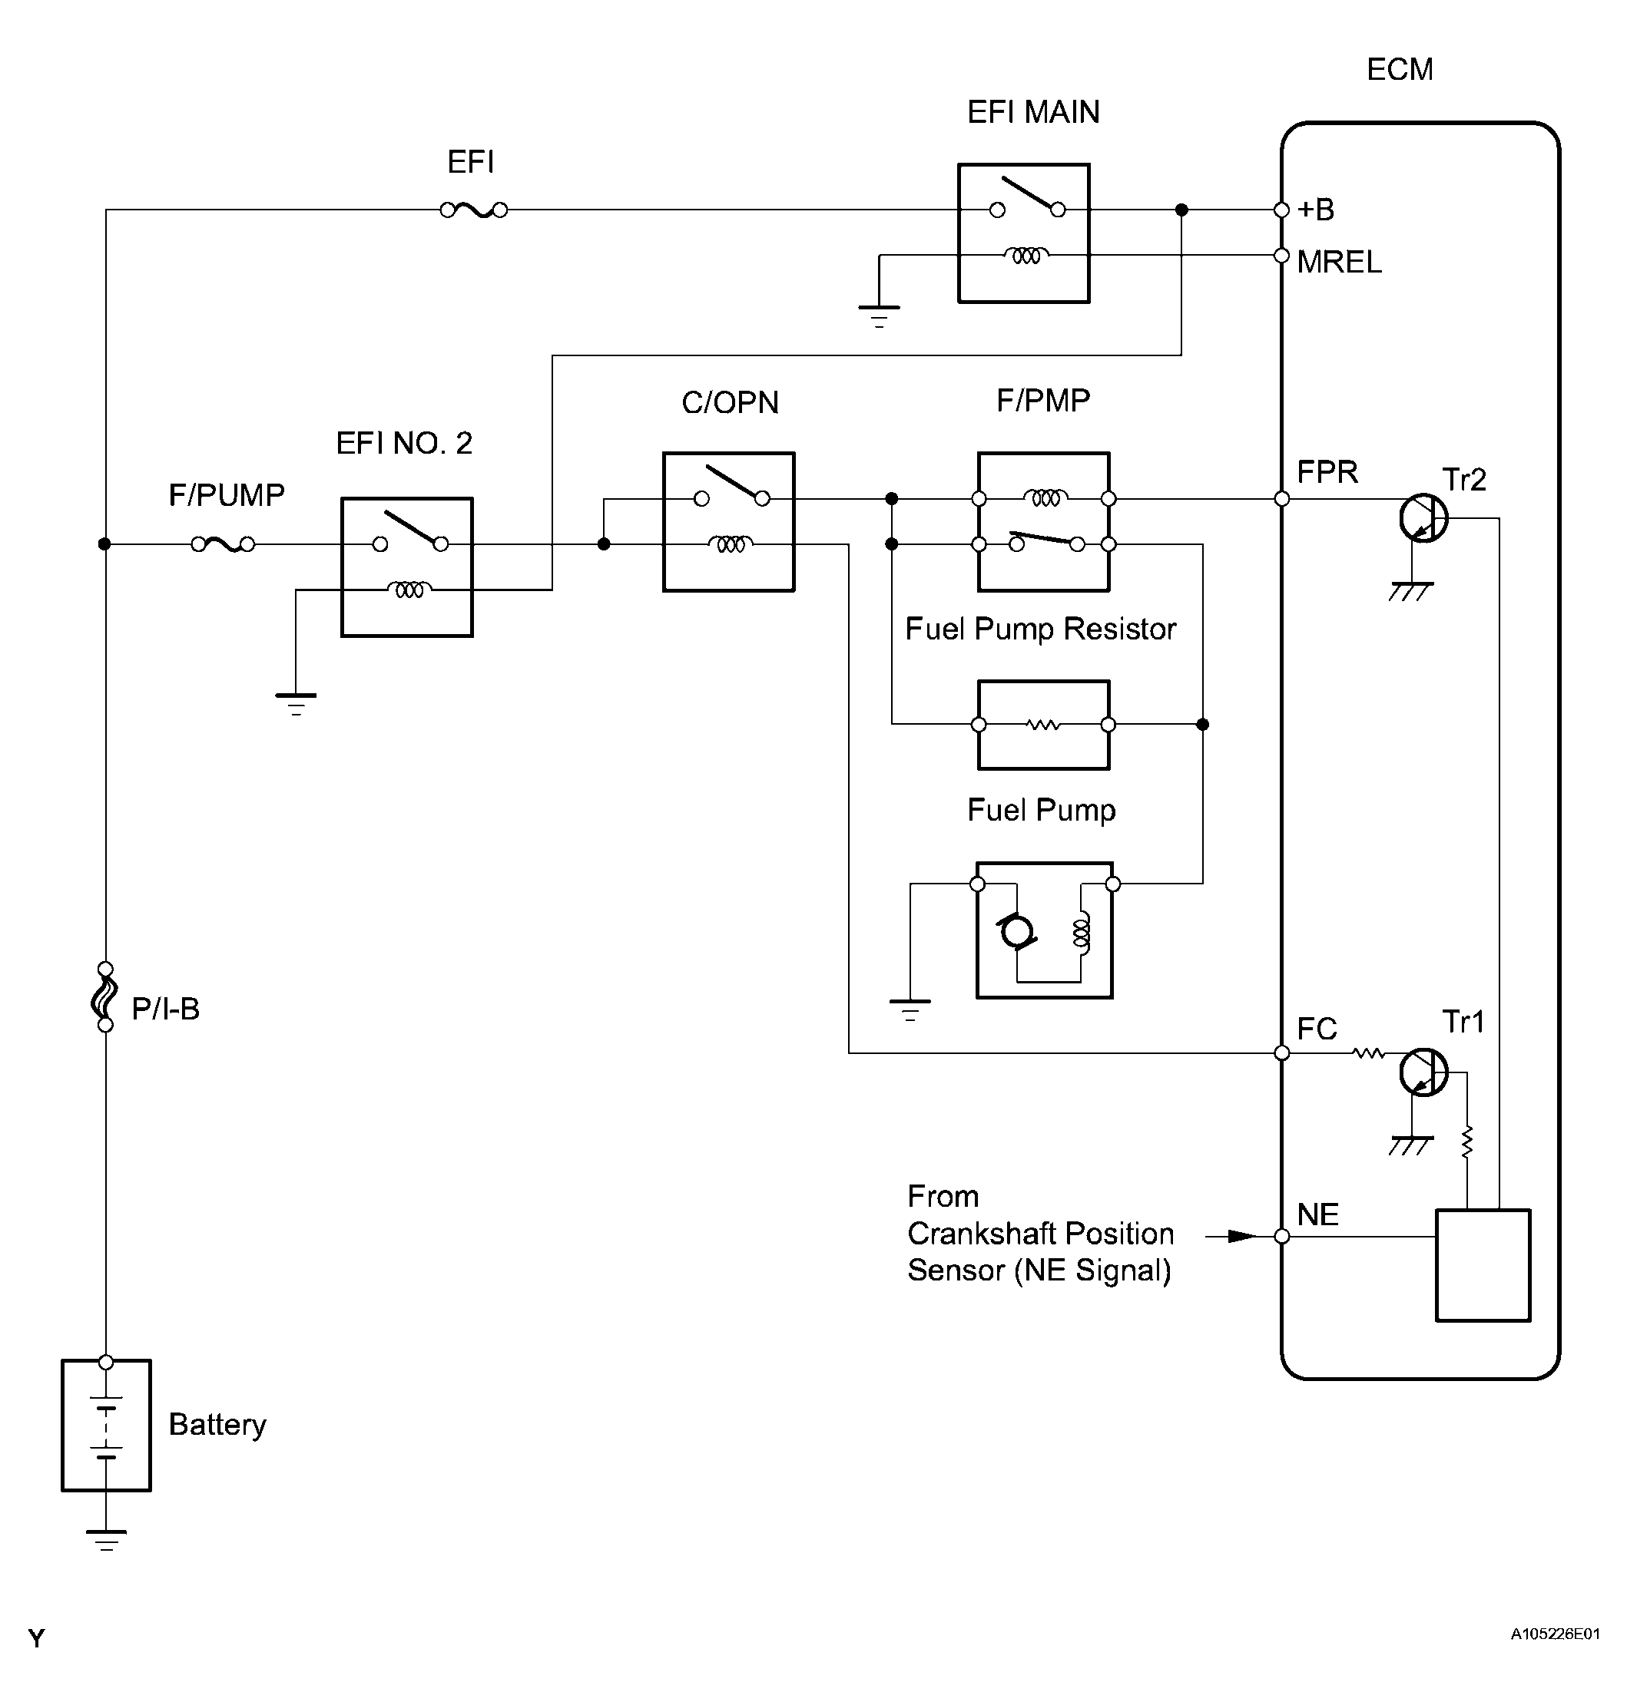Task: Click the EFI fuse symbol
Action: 473,210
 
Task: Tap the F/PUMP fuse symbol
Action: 223,544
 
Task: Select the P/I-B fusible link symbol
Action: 105,997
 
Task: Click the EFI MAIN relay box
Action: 1023,233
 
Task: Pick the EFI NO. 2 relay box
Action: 407,567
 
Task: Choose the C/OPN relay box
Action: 728,522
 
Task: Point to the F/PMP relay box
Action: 1043,522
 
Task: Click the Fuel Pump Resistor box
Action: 1043,725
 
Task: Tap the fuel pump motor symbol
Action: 1016,932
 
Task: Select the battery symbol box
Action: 106,1425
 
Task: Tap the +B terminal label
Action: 1316,210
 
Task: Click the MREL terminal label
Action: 1339,262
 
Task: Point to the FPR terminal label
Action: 1327,472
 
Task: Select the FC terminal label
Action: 1317,1029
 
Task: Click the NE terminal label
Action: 1318,1214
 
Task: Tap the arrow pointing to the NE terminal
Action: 1231,1236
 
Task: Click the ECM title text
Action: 1400,69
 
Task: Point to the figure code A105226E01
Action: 1555,1634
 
